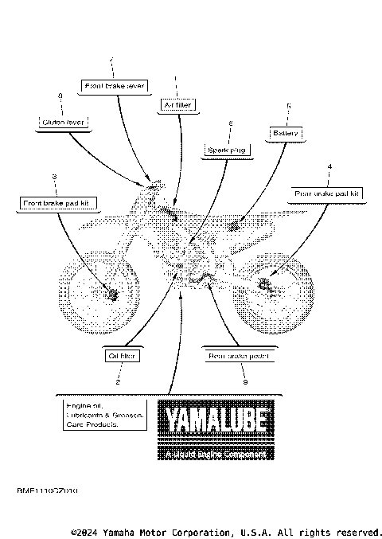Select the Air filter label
pos(176,105)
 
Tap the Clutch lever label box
pos(61,123)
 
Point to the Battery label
pos(286,133)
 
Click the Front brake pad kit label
pos(58,204)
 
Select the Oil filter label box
pos(119,356)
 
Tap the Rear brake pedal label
pos(240,357)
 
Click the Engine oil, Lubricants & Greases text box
pos(104,415)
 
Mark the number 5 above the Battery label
pos(288,106)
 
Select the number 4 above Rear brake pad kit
pos(329,166)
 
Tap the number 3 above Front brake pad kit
pos(54,176)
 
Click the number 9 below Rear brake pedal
pos(245,383)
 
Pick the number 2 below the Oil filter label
pos(118,383)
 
